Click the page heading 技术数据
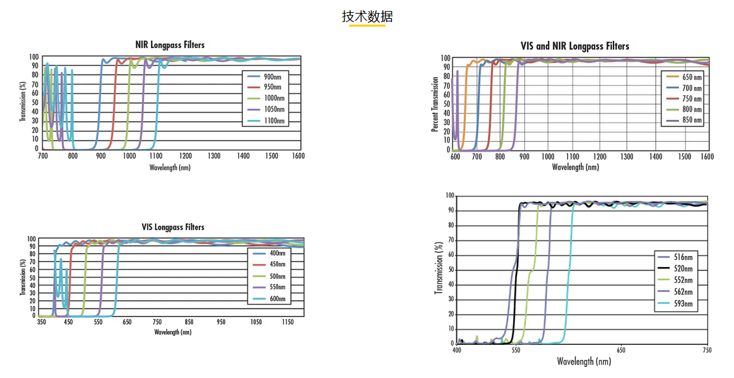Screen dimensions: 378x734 [367, 17]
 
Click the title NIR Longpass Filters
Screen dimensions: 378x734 [170, 45]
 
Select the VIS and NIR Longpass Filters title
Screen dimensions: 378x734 [575, 46]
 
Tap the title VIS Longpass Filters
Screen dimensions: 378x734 [173, 227]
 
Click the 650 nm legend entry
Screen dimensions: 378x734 [684, 77]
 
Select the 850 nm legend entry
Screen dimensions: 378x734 [684, 121]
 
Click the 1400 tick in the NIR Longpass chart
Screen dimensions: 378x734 [243, 156]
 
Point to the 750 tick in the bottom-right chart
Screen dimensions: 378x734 [707, 350]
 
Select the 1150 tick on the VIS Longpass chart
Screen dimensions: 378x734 [286, 322]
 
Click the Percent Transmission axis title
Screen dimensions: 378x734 [435, 104]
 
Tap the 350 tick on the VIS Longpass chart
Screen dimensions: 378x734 [42, 322]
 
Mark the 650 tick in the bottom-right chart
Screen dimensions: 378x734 [621, 350]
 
